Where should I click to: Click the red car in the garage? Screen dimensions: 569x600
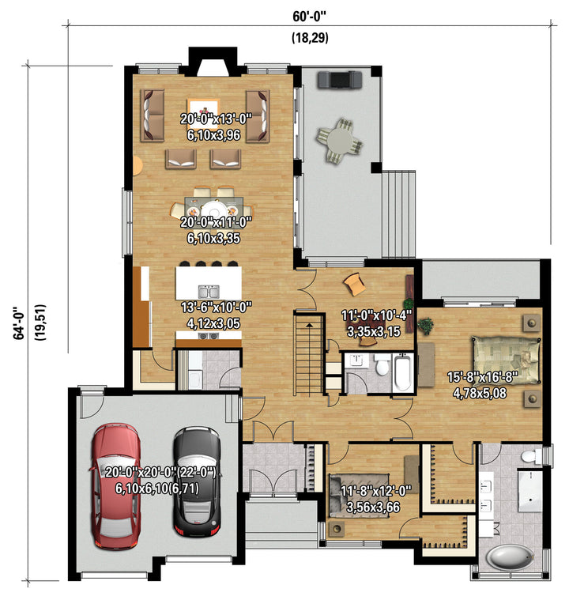point(115,486)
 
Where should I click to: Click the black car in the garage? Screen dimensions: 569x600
point(197,481)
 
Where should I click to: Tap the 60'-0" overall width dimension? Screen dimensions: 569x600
point(310,17)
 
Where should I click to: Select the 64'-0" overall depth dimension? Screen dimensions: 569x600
point(18,323)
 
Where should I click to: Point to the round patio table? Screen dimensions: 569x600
point(339,141)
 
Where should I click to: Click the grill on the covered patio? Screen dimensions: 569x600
point(339,79)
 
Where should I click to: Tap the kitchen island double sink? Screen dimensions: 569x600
point(209,292)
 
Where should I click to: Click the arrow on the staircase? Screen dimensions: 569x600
point(309,325)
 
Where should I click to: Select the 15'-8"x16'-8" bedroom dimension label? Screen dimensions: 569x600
point(482,377)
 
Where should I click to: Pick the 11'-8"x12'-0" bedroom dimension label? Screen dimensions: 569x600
point(375,490)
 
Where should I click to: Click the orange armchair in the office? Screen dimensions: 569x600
point(354,284)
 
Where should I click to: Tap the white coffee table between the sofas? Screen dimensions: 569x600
point(203,111)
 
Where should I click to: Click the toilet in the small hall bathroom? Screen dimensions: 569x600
point(381,364)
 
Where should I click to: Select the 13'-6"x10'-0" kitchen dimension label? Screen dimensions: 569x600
point(217,307)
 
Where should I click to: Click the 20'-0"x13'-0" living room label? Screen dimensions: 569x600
point(217,119)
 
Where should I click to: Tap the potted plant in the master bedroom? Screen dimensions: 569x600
point(425,326)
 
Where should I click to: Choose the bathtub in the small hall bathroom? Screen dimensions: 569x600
point(402,372)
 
